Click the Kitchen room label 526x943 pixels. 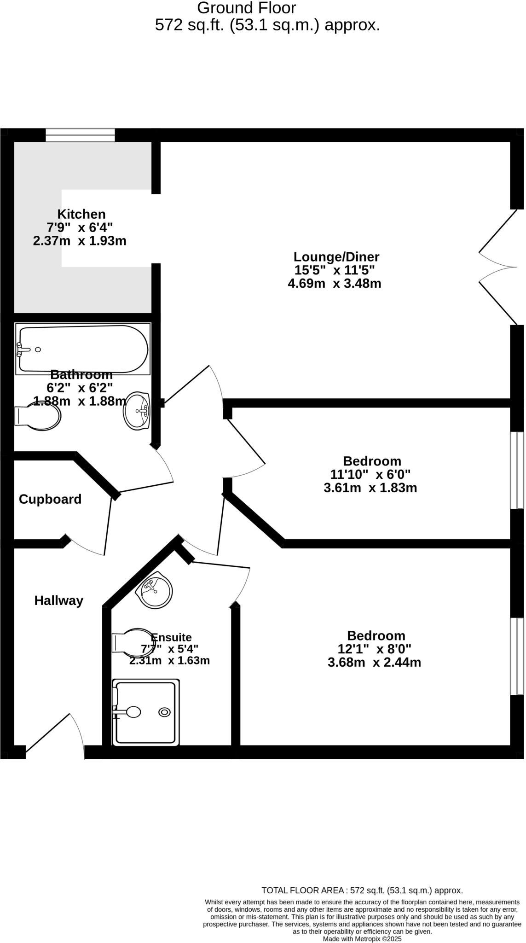[81, 214]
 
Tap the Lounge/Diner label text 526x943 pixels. [336, 256]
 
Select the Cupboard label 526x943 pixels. [50, 499]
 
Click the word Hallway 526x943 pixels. [59, 600]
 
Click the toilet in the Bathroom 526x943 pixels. [39, 416]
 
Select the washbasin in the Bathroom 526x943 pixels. [137, 411]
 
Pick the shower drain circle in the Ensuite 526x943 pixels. [164, 712]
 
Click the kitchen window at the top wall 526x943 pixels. [80, 135]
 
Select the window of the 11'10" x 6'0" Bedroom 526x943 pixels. [517, 470]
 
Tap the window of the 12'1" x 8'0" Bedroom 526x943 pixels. [517, 656]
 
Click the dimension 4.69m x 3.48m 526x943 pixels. [335, 283]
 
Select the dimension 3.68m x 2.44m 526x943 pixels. [374, 663]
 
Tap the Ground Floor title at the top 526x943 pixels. [247, 8]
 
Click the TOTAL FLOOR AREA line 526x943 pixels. [362, 891]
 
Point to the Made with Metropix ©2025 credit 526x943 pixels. [362, 939]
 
